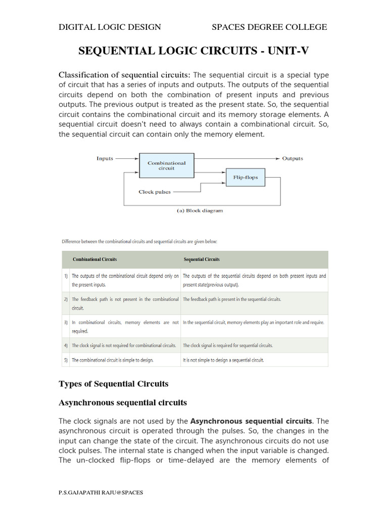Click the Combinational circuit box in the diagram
166,165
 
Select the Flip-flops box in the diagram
245,178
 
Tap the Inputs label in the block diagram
105,158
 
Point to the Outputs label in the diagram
293,158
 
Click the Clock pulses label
155,192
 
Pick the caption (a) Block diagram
200,210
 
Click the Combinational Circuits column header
94,259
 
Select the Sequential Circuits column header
201,259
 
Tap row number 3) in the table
66,322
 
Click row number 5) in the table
66,360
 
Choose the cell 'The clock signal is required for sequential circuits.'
227,346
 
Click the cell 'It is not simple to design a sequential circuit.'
223,360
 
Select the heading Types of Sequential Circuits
114,383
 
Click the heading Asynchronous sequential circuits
123,403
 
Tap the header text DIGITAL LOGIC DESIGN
110,27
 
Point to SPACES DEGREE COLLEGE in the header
269,27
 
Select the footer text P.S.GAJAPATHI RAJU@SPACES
101,493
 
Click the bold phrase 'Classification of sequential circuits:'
125,75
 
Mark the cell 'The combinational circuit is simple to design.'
112,360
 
